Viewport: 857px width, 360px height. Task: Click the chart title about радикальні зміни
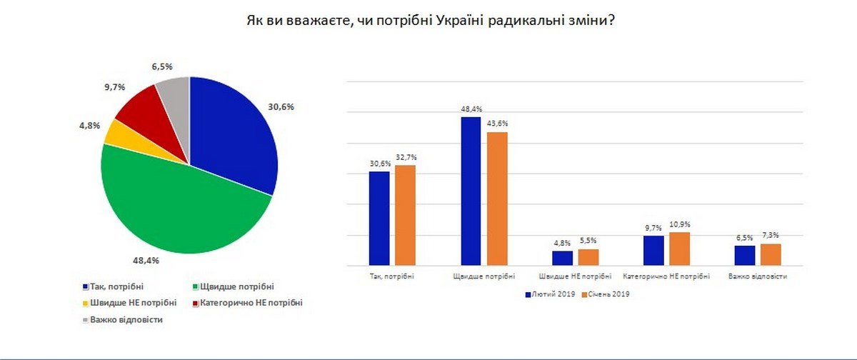click(429, 21)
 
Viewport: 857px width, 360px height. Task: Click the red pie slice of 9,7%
click(136, 108)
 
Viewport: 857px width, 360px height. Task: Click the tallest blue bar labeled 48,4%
click(471, 191)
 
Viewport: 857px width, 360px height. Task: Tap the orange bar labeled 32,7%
click(405, 215)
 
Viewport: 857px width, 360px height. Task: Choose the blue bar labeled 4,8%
click(563, 258)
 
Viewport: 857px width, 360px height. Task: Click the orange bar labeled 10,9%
click(680, 249)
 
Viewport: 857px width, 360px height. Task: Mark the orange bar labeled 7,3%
click(771, 254)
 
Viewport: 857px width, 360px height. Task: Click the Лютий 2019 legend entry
click(551, 294)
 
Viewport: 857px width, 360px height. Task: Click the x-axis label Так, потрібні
click(392, 276)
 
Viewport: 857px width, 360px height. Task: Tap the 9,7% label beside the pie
click(115, 86)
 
